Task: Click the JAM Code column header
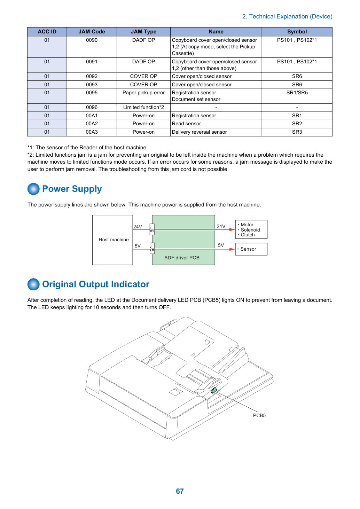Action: tap(92, 32)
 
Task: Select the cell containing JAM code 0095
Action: tap(92, 96)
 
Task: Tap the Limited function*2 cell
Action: tap(143, 107)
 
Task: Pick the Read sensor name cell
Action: tap(216, 124)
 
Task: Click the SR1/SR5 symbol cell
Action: tap(297, 96)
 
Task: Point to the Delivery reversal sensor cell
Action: tap(216, 132)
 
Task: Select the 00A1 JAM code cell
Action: tap(92, 116)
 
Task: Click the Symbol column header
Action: tap(297, 32)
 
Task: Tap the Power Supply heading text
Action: tap(72, 189)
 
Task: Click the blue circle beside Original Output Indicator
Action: tap(33, 284)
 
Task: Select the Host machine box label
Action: tap(114, 240)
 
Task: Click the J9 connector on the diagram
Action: tap(152, 229)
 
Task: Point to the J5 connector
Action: tap(152, 248)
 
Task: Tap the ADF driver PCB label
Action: tap(182, 258)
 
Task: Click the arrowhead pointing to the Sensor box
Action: tap(232, 249)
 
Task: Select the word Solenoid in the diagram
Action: tap(250, 230)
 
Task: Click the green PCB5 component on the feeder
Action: tap(214, 390)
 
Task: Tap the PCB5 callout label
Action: tap(259, 415)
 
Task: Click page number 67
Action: tap(180, 491)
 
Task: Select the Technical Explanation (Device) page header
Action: tap(287, 16)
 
